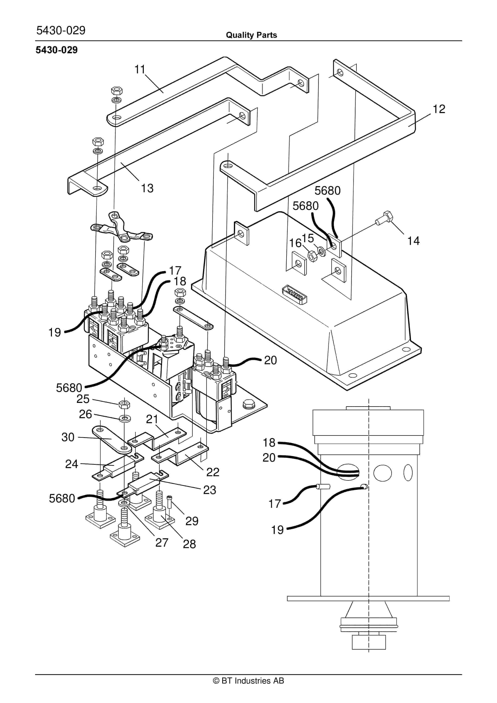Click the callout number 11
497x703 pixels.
tap(140, 70)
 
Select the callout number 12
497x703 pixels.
tap(439, 109)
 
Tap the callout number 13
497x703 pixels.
tap(147, 188)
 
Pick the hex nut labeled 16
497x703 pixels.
tap(312, 256)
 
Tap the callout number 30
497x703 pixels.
tap(68, 437)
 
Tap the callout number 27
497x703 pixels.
tap(162, 542)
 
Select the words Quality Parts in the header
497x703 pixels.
tap(251, 35)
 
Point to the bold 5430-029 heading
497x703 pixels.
tap(57, 50)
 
